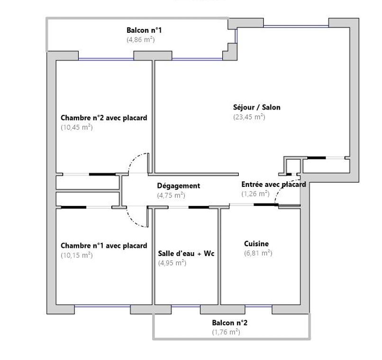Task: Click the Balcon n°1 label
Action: pyautogui.click(x=144, y=30)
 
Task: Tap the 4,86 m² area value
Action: pyautogui.click(x=141, y=39)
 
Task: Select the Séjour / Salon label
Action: pyautogui.click(x=256, y=107)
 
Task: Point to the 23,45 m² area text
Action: pyautogui.click(x=249, y=117)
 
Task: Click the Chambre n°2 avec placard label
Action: pyautogui.click(x=104, y=118)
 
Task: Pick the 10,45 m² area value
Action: pyautogui.click(x=77, y=127)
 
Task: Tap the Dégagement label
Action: pyautogui.click(x=179, y=186)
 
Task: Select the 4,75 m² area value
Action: pyautogui.click(x=171, y=195)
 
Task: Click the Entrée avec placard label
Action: pyautogui.click(x=273, y=184)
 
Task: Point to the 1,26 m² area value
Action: pyautogui.click(x=255, y=194)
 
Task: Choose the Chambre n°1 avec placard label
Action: pyautogui.click(x=104, y=245)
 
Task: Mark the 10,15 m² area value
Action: pyautogui.click(x=77, y=255)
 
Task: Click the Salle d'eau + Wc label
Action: pyautogui.click(x=186, y=253)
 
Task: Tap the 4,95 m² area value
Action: pyautogui.click(x=172, y=263)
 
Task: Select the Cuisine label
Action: pyautogui.click(x=256, y=243)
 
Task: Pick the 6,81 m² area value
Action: pyautogui.click(x=258, y=253)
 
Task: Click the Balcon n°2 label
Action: pyautogui.click(x=229, y=323)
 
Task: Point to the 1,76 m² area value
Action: pyautogui.click(x=226, y=332)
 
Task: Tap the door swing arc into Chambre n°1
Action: pyautogui.click(x=133, y=221)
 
